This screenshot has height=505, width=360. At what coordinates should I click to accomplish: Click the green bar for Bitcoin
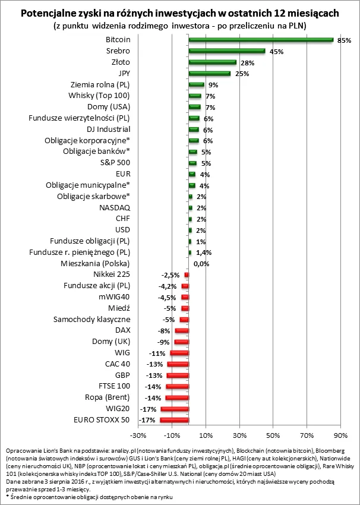click(261, 40)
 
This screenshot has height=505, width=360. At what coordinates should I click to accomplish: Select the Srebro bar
click(227, 51)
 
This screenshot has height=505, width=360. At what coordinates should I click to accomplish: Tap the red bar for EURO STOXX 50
click(174, 420)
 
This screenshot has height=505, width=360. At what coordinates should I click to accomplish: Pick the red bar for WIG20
click(175, 409)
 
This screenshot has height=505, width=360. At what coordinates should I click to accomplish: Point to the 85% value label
click(344, 40)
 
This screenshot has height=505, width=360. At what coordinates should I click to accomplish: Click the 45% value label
click(276, 52)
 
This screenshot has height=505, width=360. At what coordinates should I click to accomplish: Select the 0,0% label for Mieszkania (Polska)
click(201, 263)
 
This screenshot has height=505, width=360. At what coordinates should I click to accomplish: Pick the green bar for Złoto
click(212, 62)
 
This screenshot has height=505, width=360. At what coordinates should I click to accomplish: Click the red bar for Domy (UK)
click(181, 342)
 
